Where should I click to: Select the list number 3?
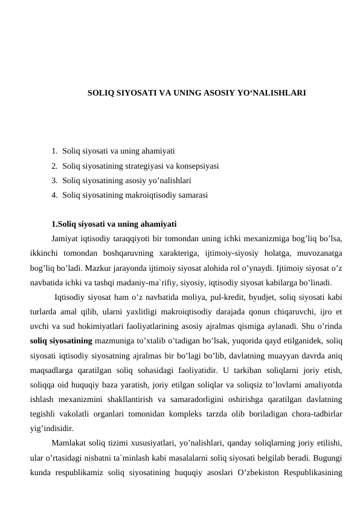[x=54, y=180]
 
